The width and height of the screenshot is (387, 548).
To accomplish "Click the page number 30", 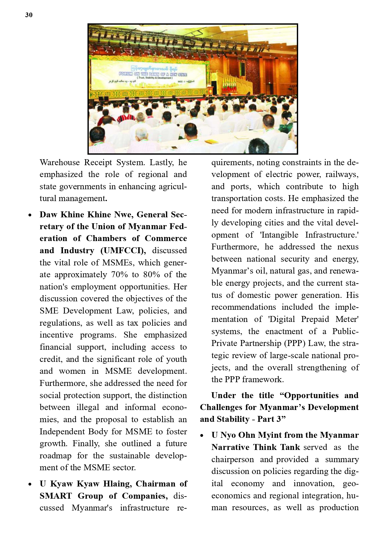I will (29, 15).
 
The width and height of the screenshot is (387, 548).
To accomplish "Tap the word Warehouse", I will (60, 163).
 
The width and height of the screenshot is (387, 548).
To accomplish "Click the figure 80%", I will (152, 275).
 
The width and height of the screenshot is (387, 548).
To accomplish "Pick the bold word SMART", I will (56, 496).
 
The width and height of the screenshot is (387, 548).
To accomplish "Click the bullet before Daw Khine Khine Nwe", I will (30, 215).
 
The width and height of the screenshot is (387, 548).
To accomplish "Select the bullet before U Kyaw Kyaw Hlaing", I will (30, 484).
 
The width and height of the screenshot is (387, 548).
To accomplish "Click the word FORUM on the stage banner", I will (125, 74).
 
